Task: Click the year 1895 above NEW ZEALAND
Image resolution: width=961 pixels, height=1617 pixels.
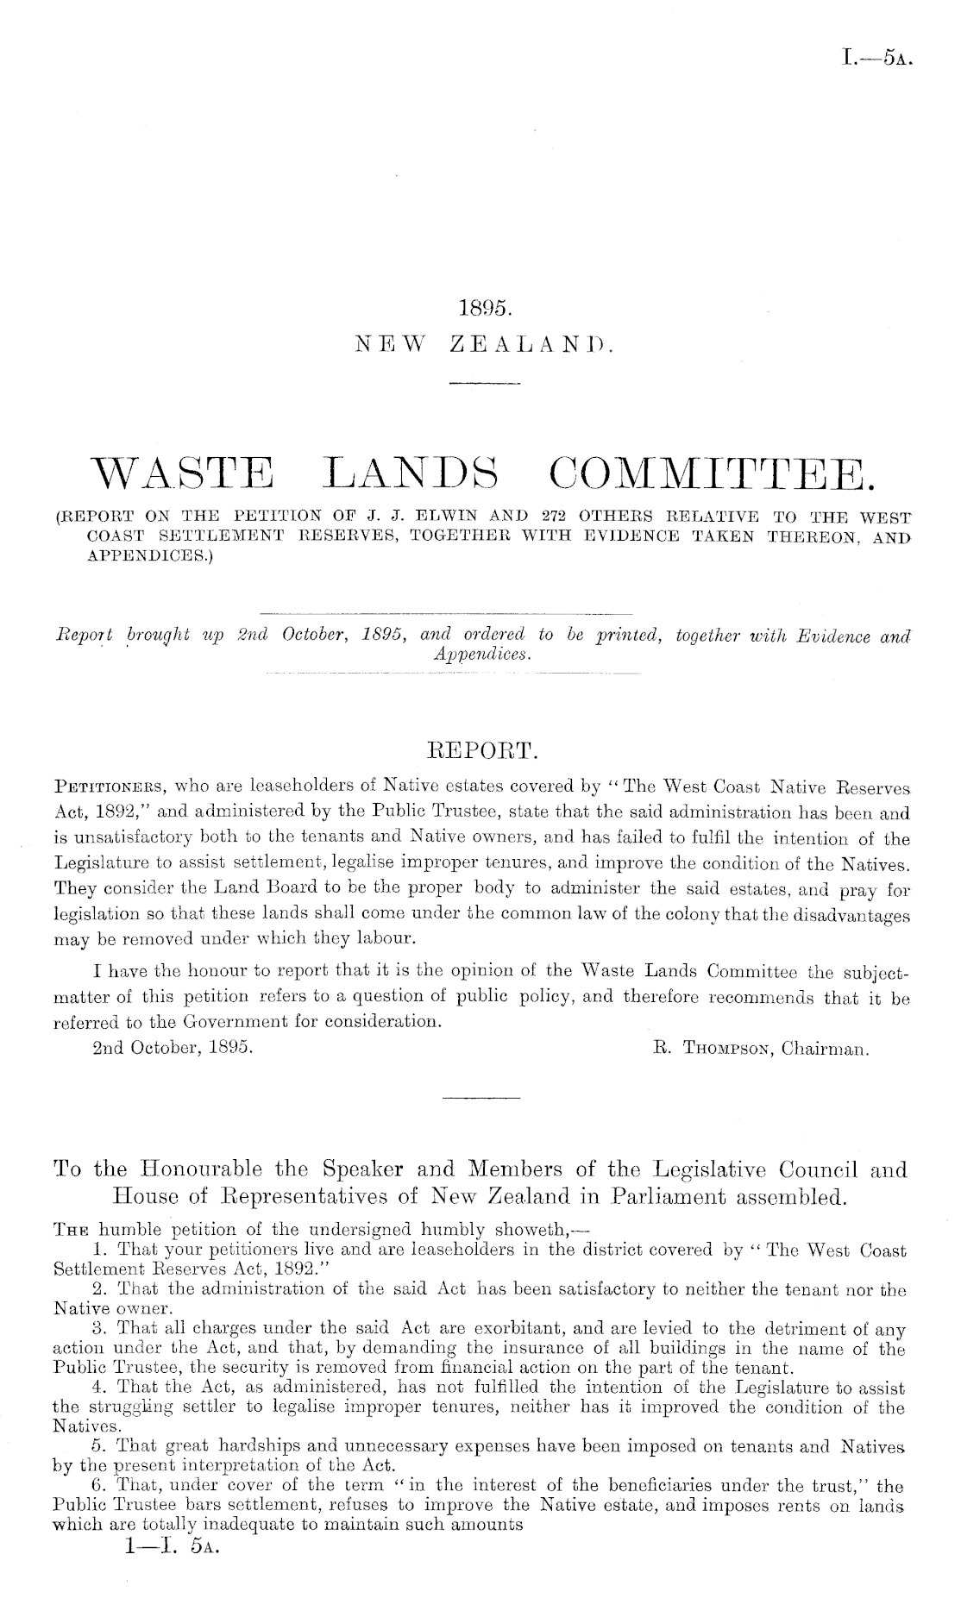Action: point(481,307)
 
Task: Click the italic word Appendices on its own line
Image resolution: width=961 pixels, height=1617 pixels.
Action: point(481,654)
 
